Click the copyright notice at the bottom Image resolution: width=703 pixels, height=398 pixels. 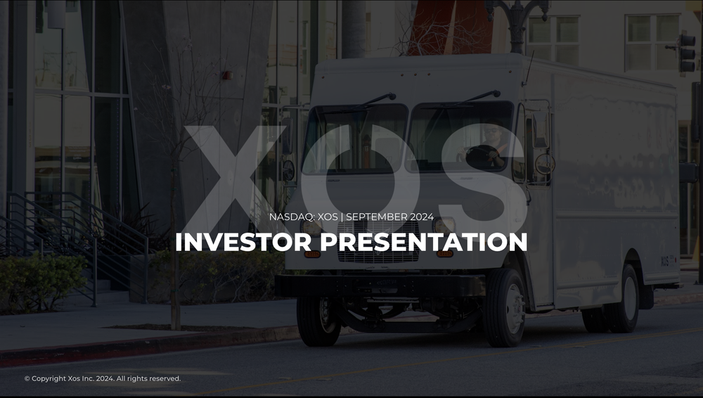tap(103, 379)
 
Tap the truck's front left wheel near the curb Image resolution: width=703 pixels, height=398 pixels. tap(318, 320)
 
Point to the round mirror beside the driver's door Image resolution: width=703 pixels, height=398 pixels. tap(544, 164)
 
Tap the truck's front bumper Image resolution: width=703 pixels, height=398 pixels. tap(380, 285)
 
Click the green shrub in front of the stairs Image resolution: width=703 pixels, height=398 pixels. tap(39, 281)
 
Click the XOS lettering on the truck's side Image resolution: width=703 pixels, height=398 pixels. tap(665, 261)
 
